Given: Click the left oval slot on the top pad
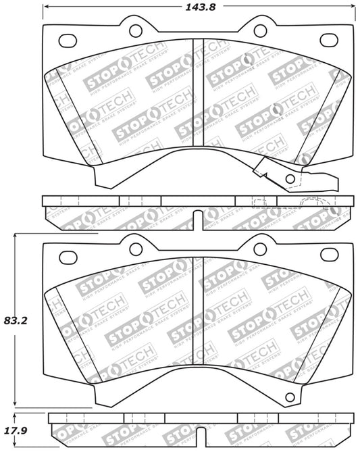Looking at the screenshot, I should tap(68, 41).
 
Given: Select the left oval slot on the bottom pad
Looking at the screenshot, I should tap(68, 256).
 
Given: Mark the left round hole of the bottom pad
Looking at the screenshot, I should tap(134, 245).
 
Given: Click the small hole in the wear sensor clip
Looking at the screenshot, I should tap(290, 179).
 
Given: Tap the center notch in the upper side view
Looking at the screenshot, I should tap(198, 217).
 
